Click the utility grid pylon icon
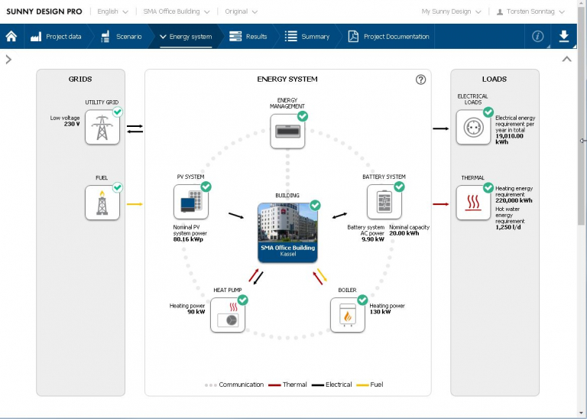[102, 127]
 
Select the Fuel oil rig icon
[102, 203]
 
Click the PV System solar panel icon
[191, 201]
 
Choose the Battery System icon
[384, 202]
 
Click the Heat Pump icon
[228, 314]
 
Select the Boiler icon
[348, 314]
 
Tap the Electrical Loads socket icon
[473, 127]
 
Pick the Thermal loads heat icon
[473, 203]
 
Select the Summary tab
[307, 37]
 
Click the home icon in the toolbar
[11, 37]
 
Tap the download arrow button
[564, 37]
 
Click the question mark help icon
[420, 80]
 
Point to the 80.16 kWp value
[187, 239]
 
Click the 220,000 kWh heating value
[514, 200]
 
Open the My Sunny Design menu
[451, 11]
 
